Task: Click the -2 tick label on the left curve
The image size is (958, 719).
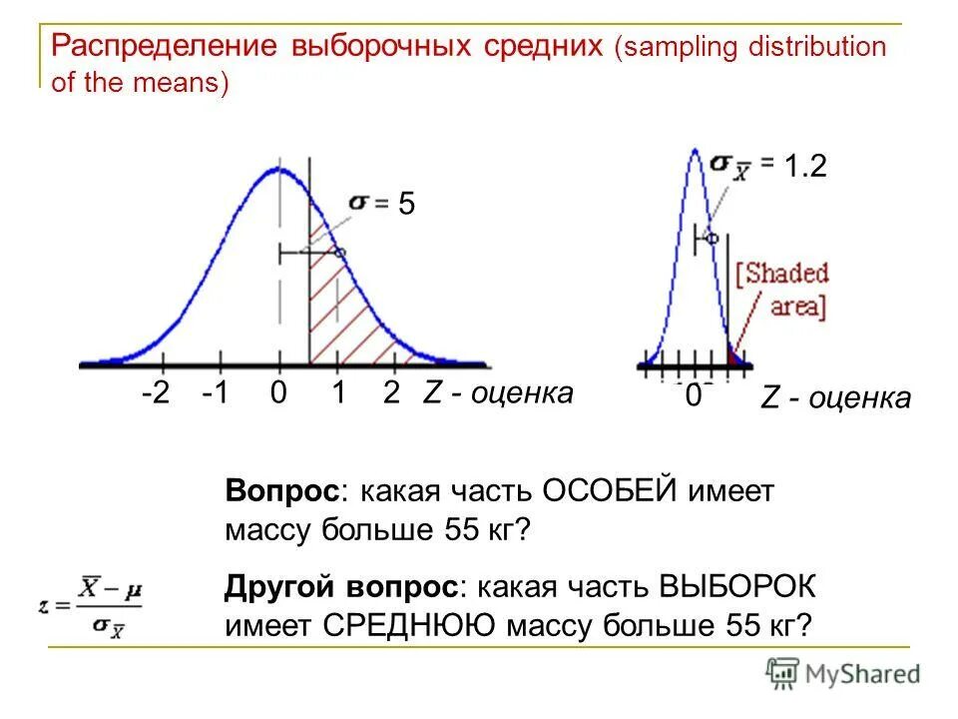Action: pyautogui.click(x=156, y=393)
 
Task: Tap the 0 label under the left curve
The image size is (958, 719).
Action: pyautogui.click(x=278, y=393)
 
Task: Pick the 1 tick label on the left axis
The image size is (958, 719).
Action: pyautogui.click(x=338, y=393)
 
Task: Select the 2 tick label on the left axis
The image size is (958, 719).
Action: pyautogui.click(x=391, y=393)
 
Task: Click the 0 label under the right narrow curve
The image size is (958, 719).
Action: pyautogui.click(x=692, y=397)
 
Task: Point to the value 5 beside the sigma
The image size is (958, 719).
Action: pyautogui.click(x=406, y=205)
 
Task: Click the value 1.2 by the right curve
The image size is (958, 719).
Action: pyautogui.click(x=805, y=167)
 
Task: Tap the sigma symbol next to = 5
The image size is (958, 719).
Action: pyautogui.click(x=357, y=203)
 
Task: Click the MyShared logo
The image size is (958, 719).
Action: pyautogui.click(x=844, y=674)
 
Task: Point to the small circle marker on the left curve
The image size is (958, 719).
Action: pyautogui.click(x=339, y=254)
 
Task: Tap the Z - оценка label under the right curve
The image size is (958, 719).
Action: pyautogui.click(x=835, y=398)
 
